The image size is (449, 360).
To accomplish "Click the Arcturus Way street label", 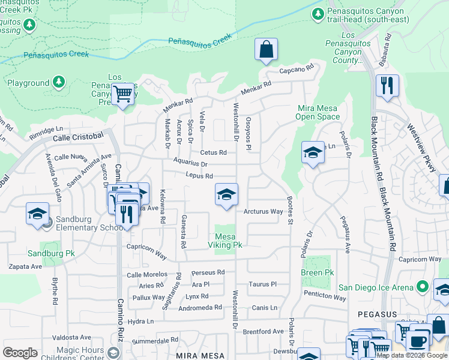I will point(263,211).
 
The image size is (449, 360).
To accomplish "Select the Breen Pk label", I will point(317,272).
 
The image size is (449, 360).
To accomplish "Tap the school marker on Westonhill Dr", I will point(226,194).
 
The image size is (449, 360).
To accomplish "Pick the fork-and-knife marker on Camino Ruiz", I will point(127,213).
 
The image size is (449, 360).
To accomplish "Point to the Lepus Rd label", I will point(200,176).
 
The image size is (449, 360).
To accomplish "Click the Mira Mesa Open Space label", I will point(319,113).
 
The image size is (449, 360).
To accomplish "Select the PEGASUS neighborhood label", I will point(375,313).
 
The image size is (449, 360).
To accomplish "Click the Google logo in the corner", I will point(20,352).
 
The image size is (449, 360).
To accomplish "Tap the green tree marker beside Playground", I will point(58,83).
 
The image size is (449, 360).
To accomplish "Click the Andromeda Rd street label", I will point(204,307).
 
